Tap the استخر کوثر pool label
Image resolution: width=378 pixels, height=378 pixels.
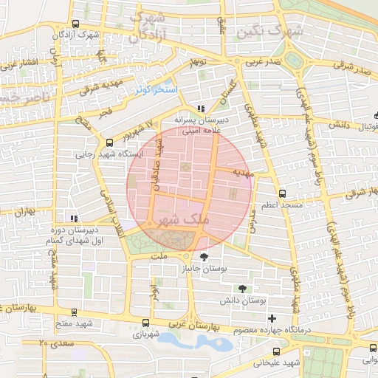point(156,89)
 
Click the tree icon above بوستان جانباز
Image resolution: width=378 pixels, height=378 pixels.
point(215,256)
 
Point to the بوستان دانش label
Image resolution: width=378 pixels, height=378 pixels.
point(237,301)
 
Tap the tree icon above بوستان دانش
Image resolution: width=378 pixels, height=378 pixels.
point(241,289)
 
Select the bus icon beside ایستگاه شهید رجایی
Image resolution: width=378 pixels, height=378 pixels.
point(110,142)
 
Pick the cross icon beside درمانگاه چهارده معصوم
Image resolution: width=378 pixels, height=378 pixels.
point(272,318)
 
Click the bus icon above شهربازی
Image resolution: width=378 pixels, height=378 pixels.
point(145,322)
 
